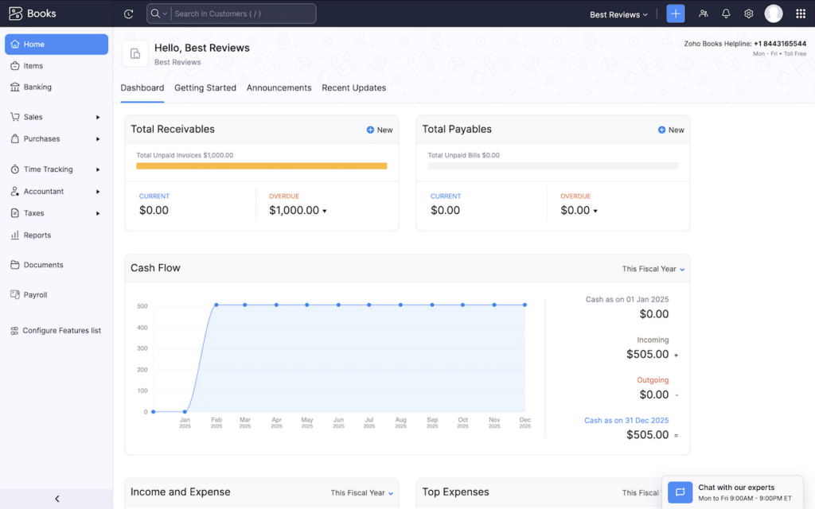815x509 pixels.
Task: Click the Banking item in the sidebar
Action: coord(37,87)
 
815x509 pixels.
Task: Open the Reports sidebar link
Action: coord(37,235)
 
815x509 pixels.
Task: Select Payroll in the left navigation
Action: coord(35,295)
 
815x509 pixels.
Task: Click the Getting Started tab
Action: coord(205,88)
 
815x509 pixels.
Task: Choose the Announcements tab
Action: coord(279,88)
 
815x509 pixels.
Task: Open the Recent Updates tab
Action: coord(353,88)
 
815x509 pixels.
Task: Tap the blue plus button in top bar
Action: coord(675,14)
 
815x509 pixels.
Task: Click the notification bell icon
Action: coord(726,14)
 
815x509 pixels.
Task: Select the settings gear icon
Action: coord(748,14)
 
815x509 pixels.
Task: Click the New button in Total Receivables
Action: coord(380,130)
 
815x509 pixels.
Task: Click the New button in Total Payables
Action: coord(671,130)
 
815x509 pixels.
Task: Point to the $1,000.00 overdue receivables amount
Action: coord(294,211)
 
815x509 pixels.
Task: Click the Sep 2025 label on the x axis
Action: coord(431,422)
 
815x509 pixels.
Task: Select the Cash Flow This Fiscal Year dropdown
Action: coord(653,269)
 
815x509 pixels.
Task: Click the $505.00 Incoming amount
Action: coord(647,354)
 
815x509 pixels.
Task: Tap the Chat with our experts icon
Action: coord(680,492)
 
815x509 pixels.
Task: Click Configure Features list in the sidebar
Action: coord(61,331)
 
